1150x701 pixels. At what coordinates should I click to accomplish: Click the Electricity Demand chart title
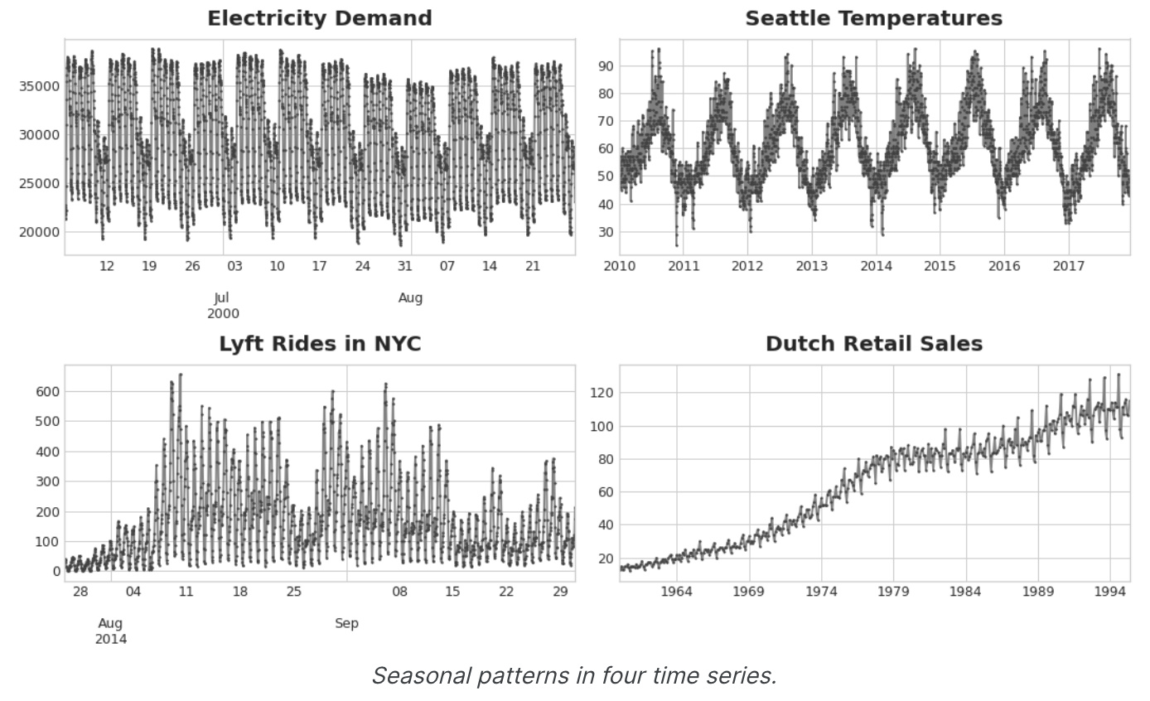coord(319,18)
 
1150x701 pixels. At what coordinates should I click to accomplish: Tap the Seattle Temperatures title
coord(873,18)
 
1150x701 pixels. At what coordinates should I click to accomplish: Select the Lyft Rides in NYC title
coord(319,344)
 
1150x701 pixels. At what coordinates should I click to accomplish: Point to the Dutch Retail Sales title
coord(873,344)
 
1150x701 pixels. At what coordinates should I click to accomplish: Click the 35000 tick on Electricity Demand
coord(39,86)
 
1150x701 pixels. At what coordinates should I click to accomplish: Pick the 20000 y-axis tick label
coord(39,232)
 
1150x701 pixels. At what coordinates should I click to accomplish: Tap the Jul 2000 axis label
coord(222,306)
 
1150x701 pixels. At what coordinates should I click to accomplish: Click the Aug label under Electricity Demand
coord(410,298)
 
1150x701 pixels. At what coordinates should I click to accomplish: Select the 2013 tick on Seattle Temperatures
coord(811,267)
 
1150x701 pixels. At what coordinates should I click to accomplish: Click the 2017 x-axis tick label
coord(1068,267)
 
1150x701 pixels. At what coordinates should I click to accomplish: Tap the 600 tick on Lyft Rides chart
coord(46,391)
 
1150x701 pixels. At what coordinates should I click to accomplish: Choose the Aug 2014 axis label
coord(111,631)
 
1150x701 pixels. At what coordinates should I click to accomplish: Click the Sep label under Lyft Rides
coord(346,623)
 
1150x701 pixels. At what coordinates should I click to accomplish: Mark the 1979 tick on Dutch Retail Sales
coord(893,592)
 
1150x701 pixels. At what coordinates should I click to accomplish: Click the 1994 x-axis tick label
coord(1109,592)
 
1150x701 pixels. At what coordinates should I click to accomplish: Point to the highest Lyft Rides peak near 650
coord(180,375)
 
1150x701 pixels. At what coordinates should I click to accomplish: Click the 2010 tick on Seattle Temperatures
coord(620,267)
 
